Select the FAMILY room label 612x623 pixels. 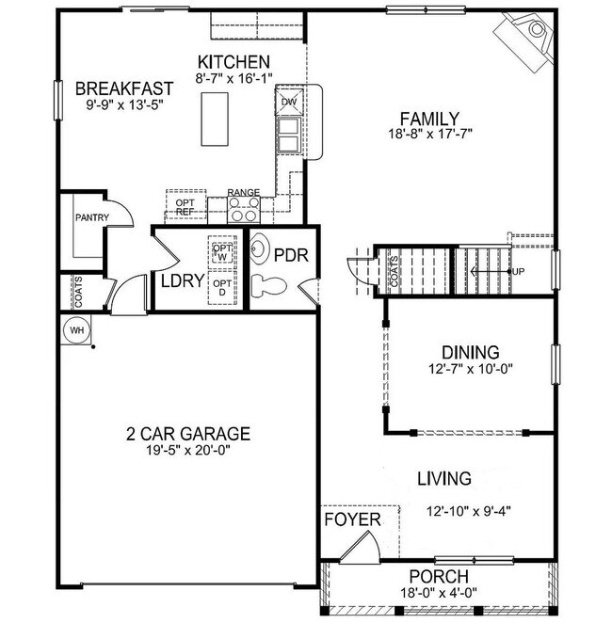[428, 119]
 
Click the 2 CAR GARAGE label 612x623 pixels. [188, 434]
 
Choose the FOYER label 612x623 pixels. [352, 519]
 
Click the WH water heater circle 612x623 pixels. [74, 331]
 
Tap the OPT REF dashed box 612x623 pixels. [185, 206]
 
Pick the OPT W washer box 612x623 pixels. [222, 249]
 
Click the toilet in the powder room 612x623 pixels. [267, 286]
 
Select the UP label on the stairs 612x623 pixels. [517, 271]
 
